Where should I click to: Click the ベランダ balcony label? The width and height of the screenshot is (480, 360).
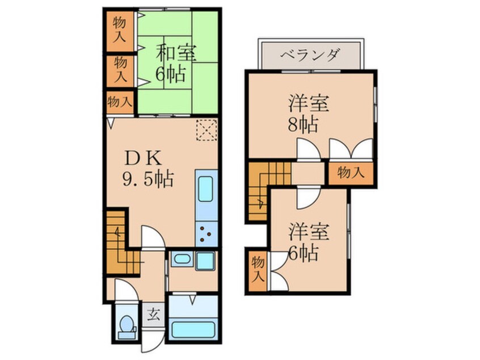(311, 55)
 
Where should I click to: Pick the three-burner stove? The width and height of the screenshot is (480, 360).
(207, 233)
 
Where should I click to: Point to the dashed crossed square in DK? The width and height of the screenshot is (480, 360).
(206, 130)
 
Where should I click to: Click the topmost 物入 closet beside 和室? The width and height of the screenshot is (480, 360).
(120, 30)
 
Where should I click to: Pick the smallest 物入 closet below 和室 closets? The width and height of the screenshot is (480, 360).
(120, 103)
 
